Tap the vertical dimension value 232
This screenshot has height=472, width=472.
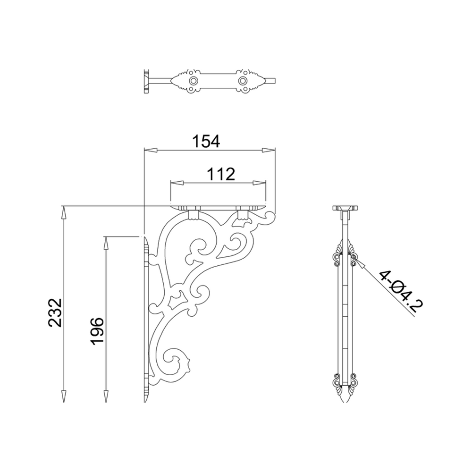[x=55, y=312]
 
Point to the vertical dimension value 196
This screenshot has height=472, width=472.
[x=97, y=331]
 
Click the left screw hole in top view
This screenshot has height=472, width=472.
[x=192, y=81]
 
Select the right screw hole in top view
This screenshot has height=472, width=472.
[x=243, y=81]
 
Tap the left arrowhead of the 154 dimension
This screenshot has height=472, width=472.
[x=150, y=151]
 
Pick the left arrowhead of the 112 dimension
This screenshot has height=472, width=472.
[x=177, y=183]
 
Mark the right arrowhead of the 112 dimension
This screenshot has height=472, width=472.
[x=260, y=183]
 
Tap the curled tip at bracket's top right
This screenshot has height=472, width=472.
[x=270, y=217]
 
